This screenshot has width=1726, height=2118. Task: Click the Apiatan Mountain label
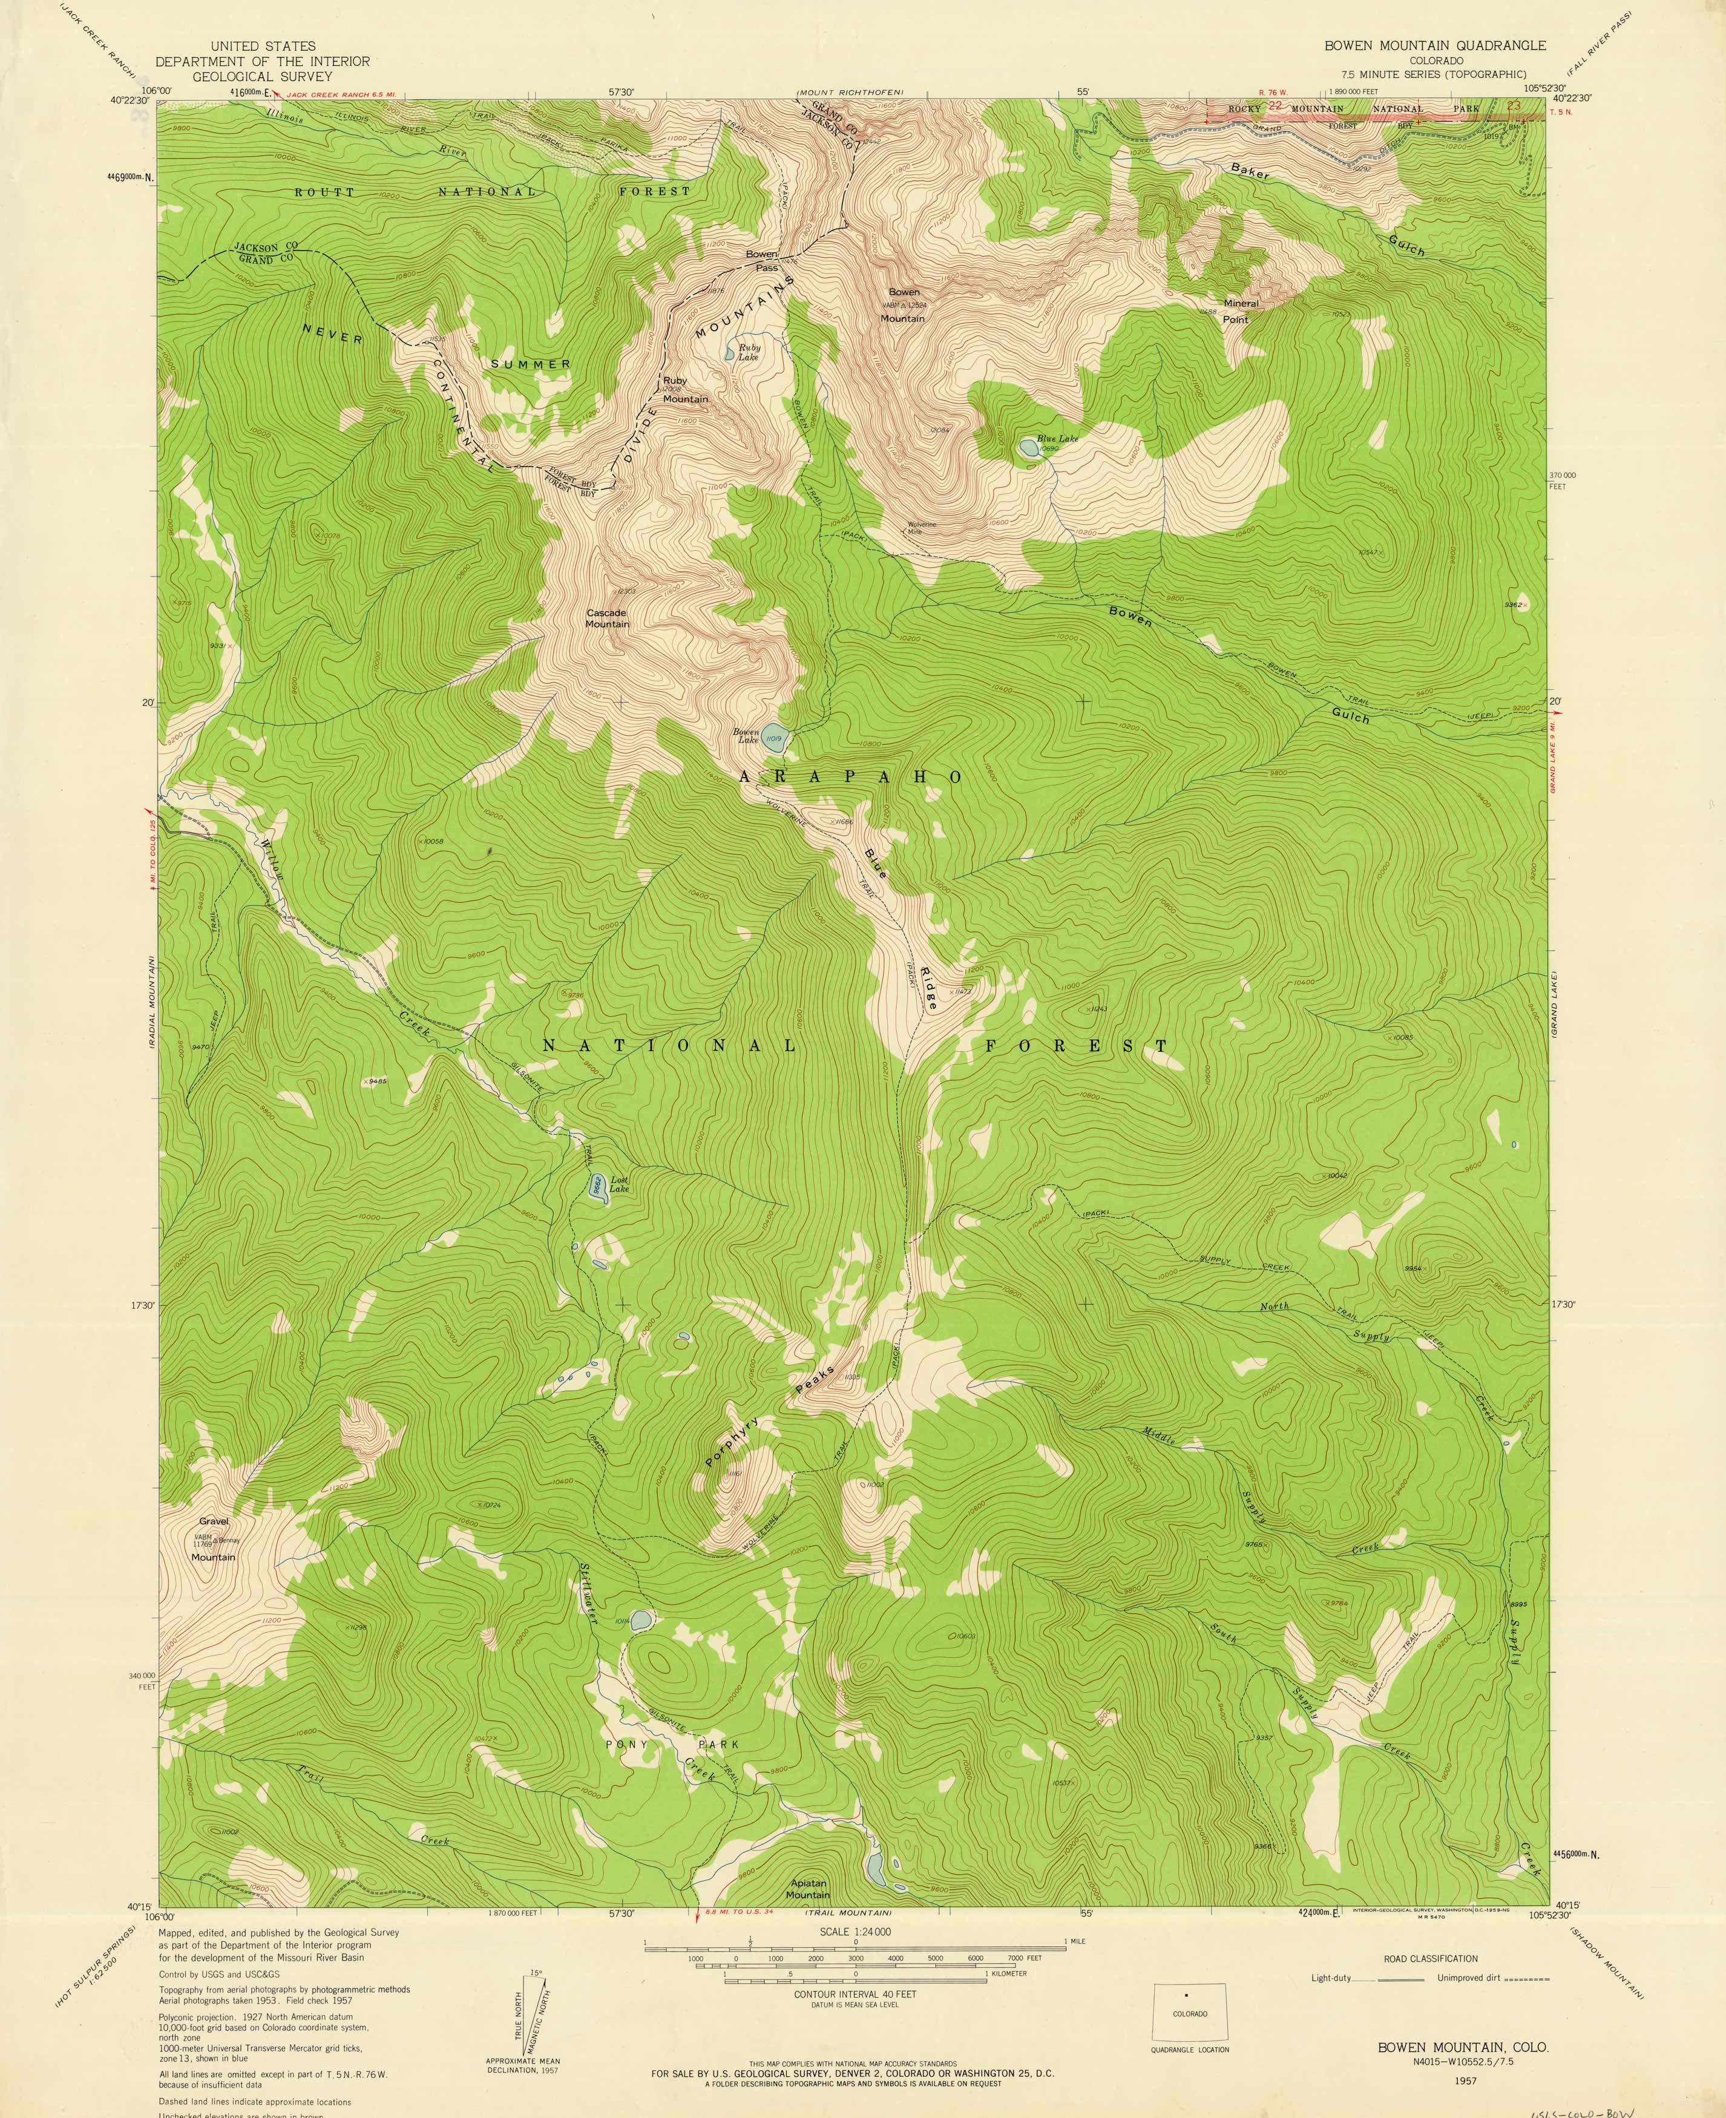coord(809,1889)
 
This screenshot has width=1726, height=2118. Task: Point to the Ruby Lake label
coord(747,352)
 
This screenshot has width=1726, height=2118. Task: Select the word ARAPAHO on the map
coord(850,777)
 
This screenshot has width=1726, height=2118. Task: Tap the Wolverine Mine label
coord(920,528)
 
